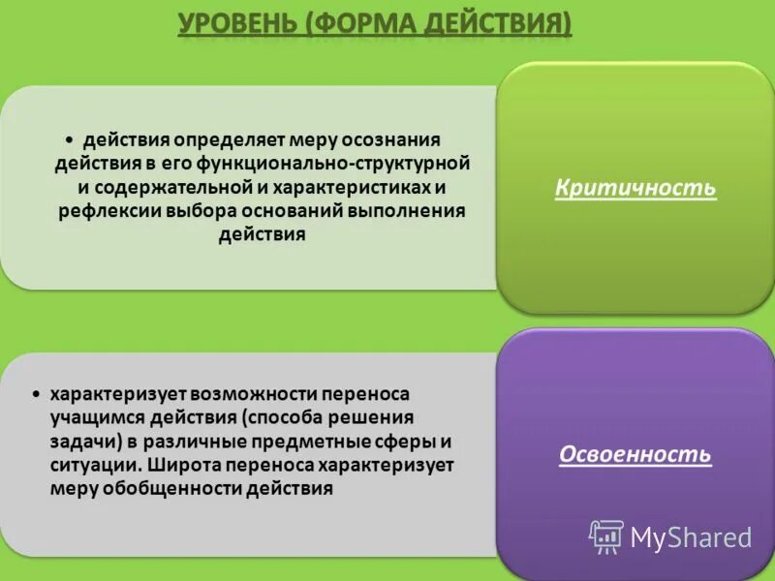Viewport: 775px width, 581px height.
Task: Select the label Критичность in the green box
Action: coord(635,188)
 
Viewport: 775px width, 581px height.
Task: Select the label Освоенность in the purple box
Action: coord(635,454)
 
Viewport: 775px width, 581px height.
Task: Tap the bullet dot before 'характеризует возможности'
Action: coord(35,396)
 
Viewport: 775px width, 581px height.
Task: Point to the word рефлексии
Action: coord(98,210)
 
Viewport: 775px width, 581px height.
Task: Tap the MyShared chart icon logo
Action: coord(606,535)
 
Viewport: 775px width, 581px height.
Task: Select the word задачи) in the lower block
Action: coord(79,442)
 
